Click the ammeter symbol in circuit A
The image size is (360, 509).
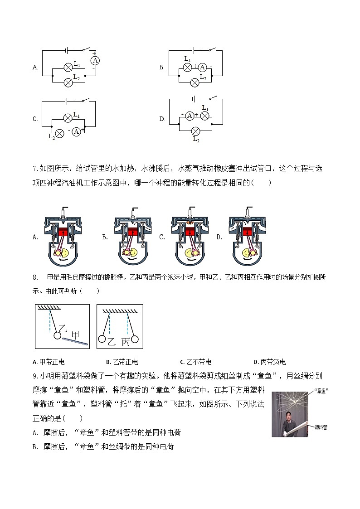[x=95, y=60]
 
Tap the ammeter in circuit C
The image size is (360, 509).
[x=76, y=131]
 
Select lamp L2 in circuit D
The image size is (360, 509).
[x=195, y=131]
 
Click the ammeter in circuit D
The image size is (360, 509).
[x=190, y=116]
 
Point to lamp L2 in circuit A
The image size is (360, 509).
[x=68, y=82]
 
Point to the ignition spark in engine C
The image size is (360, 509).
[x=189, y=223]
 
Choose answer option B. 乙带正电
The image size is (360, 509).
[x=122, y=362]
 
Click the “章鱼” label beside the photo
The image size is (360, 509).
[x=321, y=390]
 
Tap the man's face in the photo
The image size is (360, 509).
[x=288, y=415]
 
